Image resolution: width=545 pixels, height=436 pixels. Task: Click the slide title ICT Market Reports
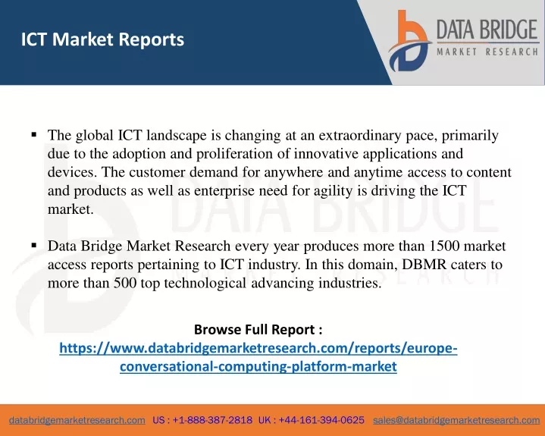coord(102,39)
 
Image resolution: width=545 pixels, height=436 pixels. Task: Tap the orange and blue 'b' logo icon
coord(409,41)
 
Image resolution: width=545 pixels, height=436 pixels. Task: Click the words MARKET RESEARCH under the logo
coord(487,52)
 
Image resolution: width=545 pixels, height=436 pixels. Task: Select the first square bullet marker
coord(33,134)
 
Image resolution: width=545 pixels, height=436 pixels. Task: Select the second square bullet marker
coord(33,246)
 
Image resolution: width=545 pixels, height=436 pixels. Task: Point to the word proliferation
coord(235,154)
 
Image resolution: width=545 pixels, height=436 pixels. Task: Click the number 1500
coord(444,246)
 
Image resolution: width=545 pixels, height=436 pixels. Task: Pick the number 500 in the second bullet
coord(125,283)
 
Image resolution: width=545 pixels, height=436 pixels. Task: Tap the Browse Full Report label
coord(258,329)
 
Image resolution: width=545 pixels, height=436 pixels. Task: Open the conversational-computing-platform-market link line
coord(258,366)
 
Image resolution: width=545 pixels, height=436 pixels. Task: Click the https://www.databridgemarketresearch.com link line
coord(258,348)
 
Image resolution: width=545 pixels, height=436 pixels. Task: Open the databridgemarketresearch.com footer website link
coord(77,420)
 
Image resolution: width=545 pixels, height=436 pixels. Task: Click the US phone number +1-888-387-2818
coord(212,420)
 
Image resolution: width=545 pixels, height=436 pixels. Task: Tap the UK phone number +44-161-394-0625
coord(321,420)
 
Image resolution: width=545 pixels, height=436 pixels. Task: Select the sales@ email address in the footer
coord(456,420)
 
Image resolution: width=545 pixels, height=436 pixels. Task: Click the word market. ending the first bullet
coord(70,209)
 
